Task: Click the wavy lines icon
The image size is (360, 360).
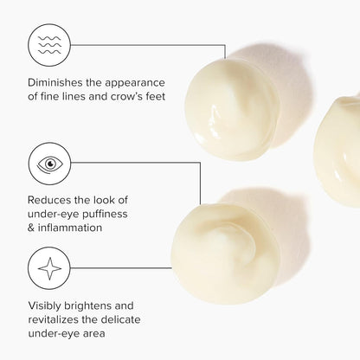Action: click(x=49, y=45)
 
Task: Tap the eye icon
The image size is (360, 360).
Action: click(x=49, y=164)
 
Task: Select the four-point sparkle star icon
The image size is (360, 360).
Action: click(x=49, y=268)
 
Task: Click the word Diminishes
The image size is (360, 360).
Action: click(x=55, y=82)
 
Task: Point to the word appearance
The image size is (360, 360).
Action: click(x=135, y=84)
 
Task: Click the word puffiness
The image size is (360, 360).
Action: click(x=105, y=215)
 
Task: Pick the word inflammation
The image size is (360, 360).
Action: click(x=70, y=228)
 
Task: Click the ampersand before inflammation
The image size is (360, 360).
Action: click(x=31, y=228)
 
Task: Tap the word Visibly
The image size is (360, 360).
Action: click(x=44, y=306)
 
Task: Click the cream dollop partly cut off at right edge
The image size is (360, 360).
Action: click(x=337, y=150)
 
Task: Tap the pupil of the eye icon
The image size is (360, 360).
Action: click(x=51, y=164)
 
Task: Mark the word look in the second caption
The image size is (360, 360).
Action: click(x=100, y=200)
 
